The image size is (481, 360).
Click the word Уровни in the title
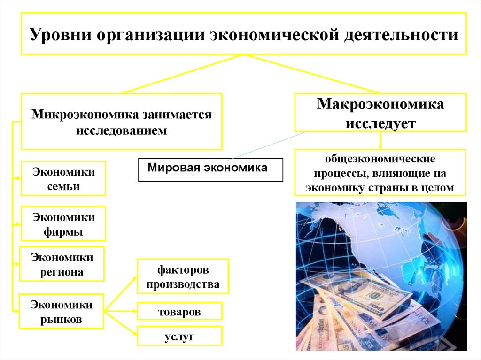(x=59, y=35)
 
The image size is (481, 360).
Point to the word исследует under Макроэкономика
(x=380, y=123)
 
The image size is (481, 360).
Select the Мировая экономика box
(x=210, y=169)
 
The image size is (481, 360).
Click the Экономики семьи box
(x=63, y=178)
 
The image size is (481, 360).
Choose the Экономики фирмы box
(x=63, y=224)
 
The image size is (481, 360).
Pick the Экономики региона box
(x=62, y=264)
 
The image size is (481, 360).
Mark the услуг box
(x=179, y=336)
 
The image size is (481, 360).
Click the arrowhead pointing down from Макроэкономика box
(x=380, y=146)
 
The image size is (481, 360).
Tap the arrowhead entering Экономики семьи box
(x=18, y=178)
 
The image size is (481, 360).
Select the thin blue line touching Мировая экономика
(x=263, y=147)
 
